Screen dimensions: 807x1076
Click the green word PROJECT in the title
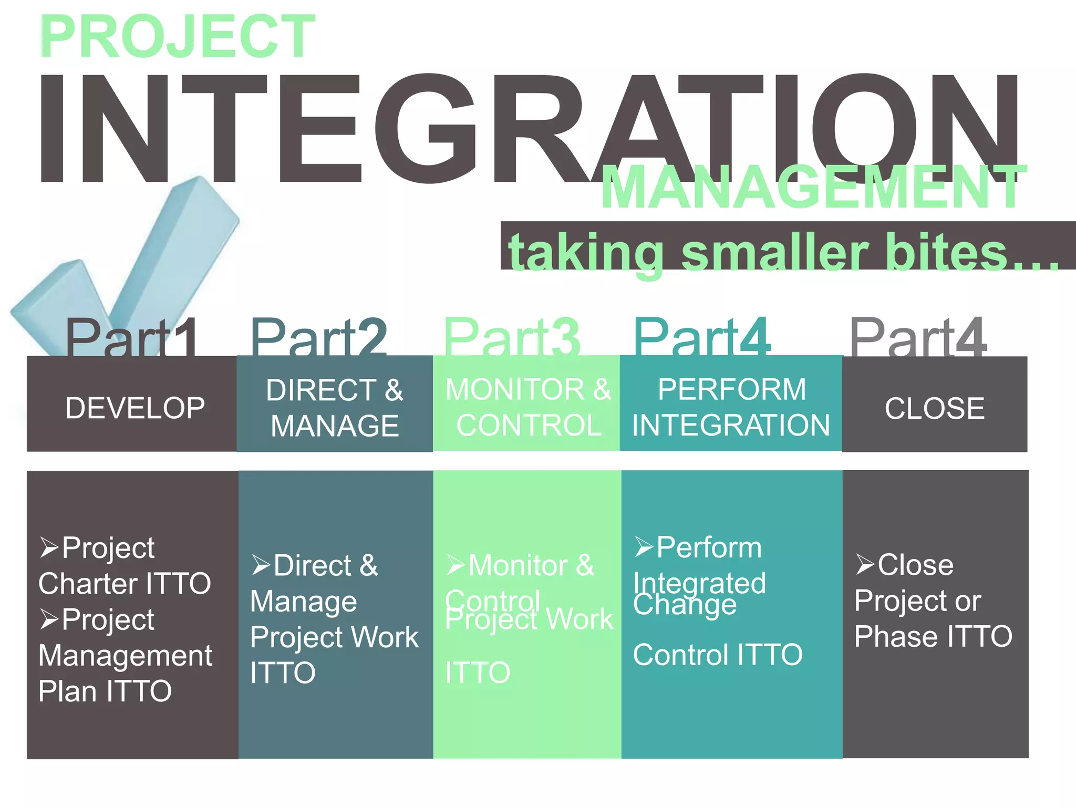click(x=177, y=37)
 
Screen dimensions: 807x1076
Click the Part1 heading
click(x=131, y=339)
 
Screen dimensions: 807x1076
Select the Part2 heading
click(x=318, y=339)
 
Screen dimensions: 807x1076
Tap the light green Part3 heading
click(x=512, y=339)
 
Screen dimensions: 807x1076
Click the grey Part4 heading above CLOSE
click(x=918, y=339)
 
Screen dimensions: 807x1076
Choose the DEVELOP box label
click(x=135, y=408)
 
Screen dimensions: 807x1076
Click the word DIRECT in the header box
click(x=321, y=390)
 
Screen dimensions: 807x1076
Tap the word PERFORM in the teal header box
click(x=732, y=390)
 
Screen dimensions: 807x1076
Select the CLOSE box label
click(x=934, y=408)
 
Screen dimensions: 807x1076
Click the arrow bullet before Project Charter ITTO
click(x=49, y=547)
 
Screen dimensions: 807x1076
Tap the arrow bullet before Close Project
click(x=865, y=565)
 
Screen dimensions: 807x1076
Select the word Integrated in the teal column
click(x=699, y=583)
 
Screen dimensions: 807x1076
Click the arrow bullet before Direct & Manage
click(x=261, y=565)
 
